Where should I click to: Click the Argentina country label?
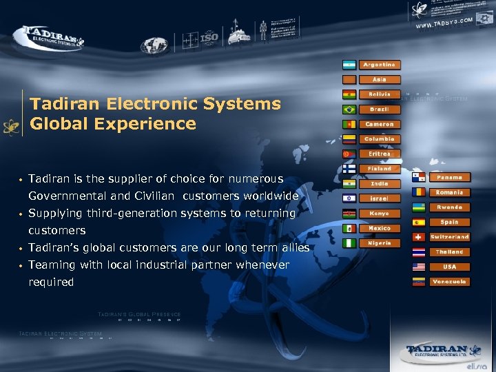click(379, 65)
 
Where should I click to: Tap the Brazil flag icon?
click(349, 110)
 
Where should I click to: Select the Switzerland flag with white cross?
click(418, 237)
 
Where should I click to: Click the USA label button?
click(449, 267)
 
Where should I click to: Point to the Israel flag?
click(349, 198)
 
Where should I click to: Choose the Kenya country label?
click(379, 214)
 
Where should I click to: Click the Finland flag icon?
click(349, 169)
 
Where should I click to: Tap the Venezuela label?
click(449, 282)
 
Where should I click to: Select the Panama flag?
click(418, 178)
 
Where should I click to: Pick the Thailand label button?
click(449, 252)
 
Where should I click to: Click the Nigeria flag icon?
click(349, 243)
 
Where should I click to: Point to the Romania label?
click(449, 192)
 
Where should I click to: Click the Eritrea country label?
click(379, 154)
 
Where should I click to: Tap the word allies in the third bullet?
click(293, 248)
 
